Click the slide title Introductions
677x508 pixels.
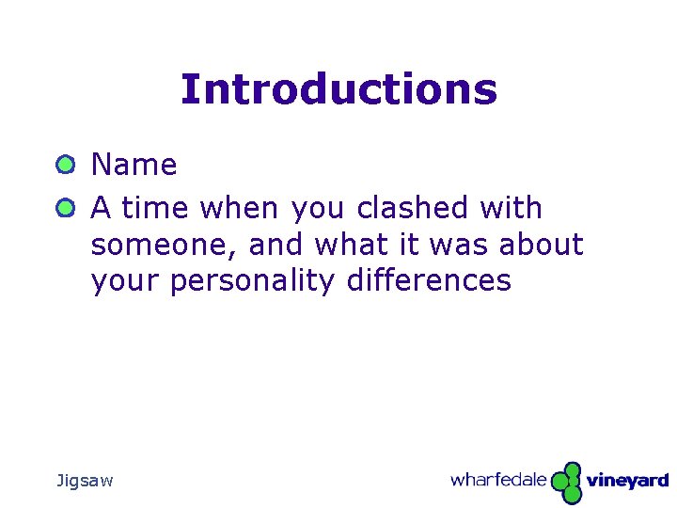338,89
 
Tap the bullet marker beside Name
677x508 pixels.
64,166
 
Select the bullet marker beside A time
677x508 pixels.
64,208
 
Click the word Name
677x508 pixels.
134,165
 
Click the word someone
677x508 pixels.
165,245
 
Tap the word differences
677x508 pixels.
429,280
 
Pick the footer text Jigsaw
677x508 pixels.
85,481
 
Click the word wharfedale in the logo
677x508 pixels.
497,480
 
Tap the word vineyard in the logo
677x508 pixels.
627,481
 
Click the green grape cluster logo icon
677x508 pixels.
566,482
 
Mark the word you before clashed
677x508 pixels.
319,209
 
